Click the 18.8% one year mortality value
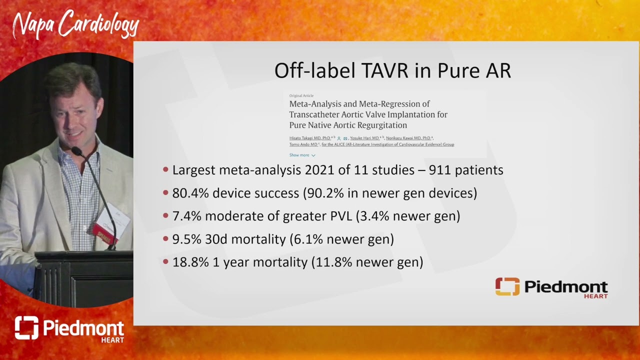pos(190,262)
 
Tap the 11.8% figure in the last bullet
pos(334,262)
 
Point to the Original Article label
pos(301,95)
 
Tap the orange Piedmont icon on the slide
pos(507,286)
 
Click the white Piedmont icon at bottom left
pos(26,328)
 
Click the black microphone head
pos(76,150)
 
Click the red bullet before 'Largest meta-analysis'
pos(166,170)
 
